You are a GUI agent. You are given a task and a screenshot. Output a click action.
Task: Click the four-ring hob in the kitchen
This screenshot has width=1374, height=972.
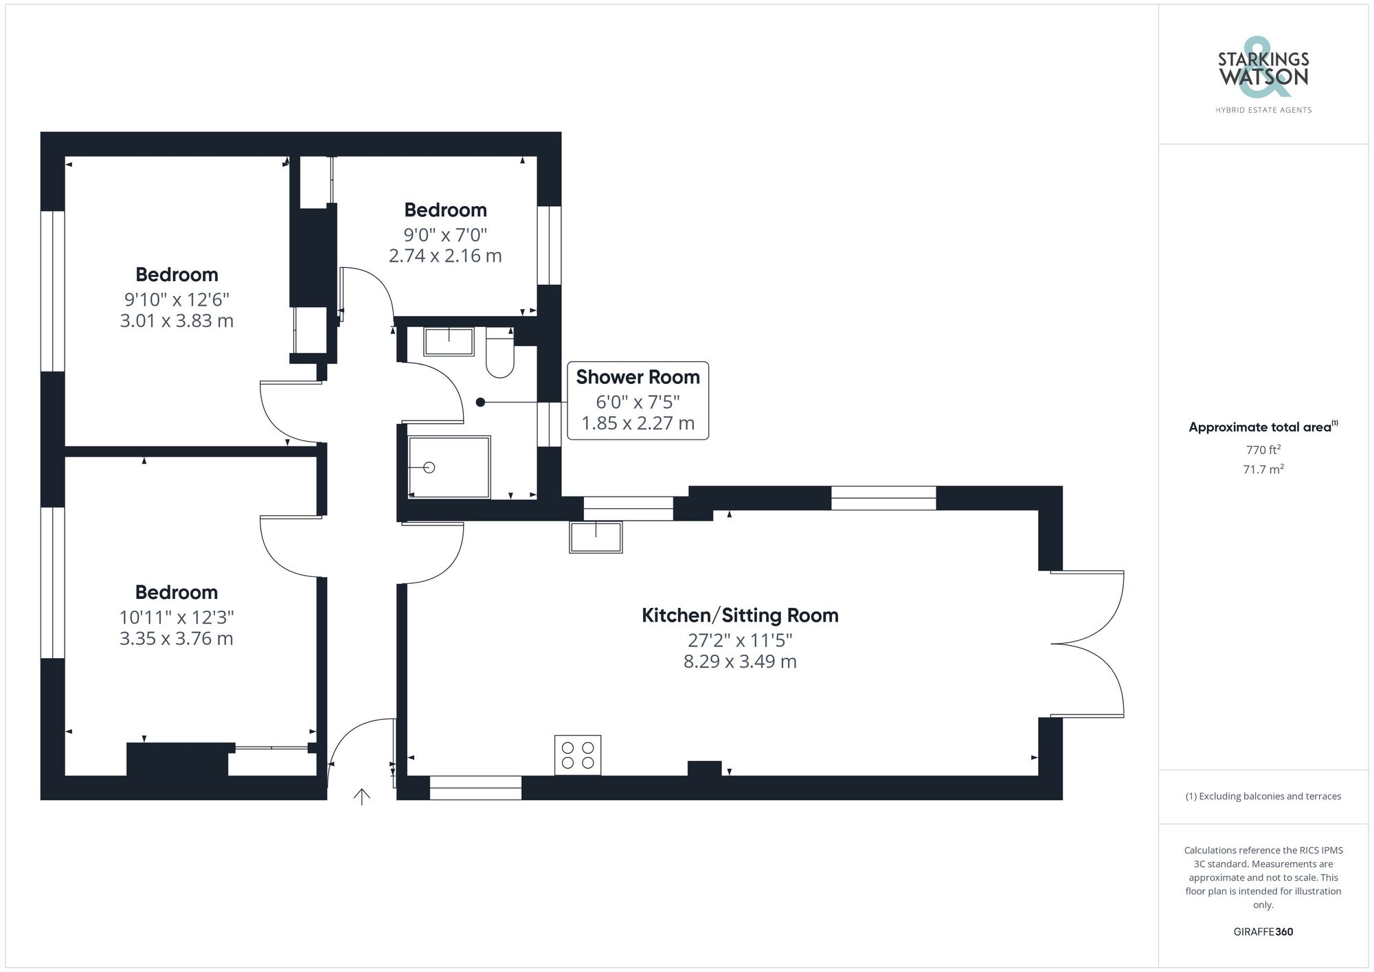coord(578,755)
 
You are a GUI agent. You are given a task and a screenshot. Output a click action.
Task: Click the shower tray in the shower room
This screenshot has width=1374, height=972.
coord(449,467)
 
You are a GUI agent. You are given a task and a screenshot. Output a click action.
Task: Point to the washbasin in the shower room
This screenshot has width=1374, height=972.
coord(449,341)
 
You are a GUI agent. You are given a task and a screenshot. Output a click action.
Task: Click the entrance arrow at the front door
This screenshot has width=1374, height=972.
coord(361,796)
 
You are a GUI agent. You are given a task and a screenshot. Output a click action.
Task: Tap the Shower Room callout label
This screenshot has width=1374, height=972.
coord(638,377)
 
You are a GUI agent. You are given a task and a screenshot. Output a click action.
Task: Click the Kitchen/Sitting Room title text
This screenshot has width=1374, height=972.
coord(740,615)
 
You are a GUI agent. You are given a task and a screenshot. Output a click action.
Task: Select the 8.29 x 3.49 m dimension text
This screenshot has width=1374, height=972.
coord(740,662)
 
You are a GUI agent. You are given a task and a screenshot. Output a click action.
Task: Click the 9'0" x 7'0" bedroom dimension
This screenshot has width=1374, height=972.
coord(445,235)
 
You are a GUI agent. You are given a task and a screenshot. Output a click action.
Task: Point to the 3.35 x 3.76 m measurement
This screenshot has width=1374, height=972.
coord(177,639)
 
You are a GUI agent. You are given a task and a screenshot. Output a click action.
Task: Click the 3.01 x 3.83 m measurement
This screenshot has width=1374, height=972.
coord(177,321)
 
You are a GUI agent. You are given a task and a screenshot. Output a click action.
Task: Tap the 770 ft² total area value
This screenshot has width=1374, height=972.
coord(1263,450)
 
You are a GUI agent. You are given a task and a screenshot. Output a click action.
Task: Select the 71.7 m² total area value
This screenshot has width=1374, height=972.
coord(1263,470)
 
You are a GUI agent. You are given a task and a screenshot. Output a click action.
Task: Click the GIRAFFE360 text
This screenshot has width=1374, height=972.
coord(1263,931)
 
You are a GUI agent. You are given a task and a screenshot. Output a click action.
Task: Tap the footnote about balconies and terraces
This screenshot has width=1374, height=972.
coord(1263,796)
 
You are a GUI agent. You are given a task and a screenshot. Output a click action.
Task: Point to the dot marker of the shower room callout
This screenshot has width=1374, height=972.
coord(481,403)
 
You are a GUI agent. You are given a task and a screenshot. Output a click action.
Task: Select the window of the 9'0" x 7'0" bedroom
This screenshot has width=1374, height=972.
coord(549,245)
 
